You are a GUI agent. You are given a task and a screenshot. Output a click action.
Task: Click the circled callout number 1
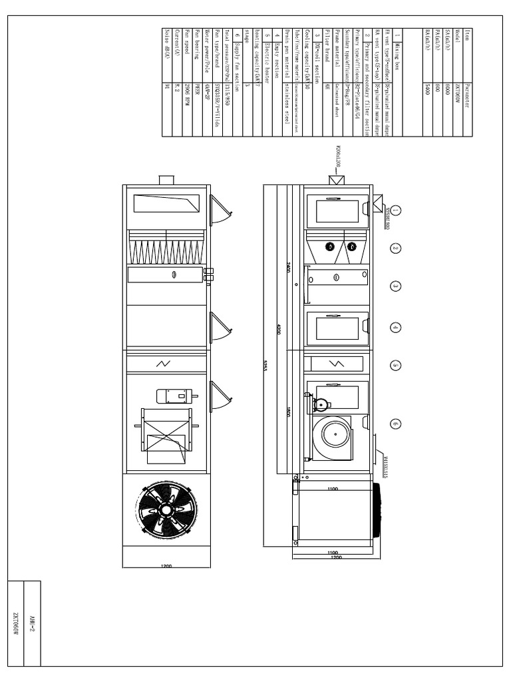395,210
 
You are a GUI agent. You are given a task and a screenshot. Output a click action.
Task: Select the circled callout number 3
395,286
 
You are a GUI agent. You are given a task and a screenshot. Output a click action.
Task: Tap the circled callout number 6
395,424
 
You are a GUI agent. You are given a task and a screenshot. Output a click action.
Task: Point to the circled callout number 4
395,328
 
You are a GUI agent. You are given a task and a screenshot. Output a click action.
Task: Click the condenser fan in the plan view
166,510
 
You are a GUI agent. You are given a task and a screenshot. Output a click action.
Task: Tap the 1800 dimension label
288,412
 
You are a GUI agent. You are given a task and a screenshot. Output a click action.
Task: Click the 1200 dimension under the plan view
166,567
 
